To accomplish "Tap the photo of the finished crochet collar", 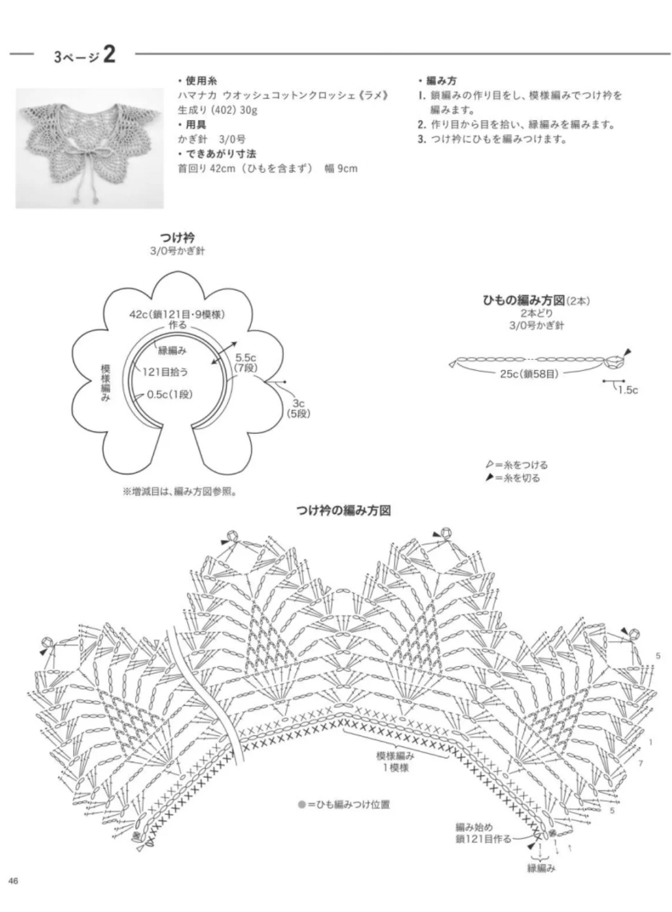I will (x=90, y=147).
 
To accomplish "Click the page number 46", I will (x=13, y=880).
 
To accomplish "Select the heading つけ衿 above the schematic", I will (x=177, y=238).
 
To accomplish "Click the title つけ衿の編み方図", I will (x=343, y=511).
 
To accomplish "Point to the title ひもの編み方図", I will (x=524, y=301).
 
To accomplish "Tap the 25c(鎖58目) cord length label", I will (x=528, y=374).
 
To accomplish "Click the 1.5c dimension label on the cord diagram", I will (x=627, y=390).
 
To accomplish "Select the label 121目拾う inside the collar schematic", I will (x=165, y=372).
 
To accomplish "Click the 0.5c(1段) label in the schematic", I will (x=170, y=394).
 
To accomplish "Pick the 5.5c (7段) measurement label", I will (x=245, y=362).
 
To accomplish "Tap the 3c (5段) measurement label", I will (x=298, y=408).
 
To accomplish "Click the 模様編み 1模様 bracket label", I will (x=395, y=762).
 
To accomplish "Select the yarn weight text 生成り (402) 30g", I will (x=218, y=111).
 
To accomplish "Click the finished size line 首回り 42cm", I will (x=268, y=168).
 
